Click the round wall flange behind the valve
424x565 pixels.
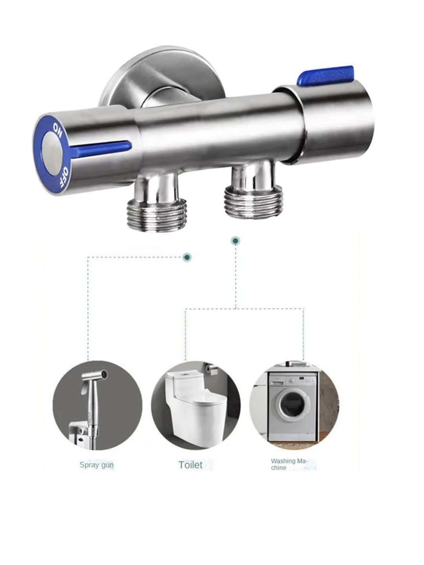162,77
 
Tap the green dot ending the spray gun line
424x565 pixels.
187,257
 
